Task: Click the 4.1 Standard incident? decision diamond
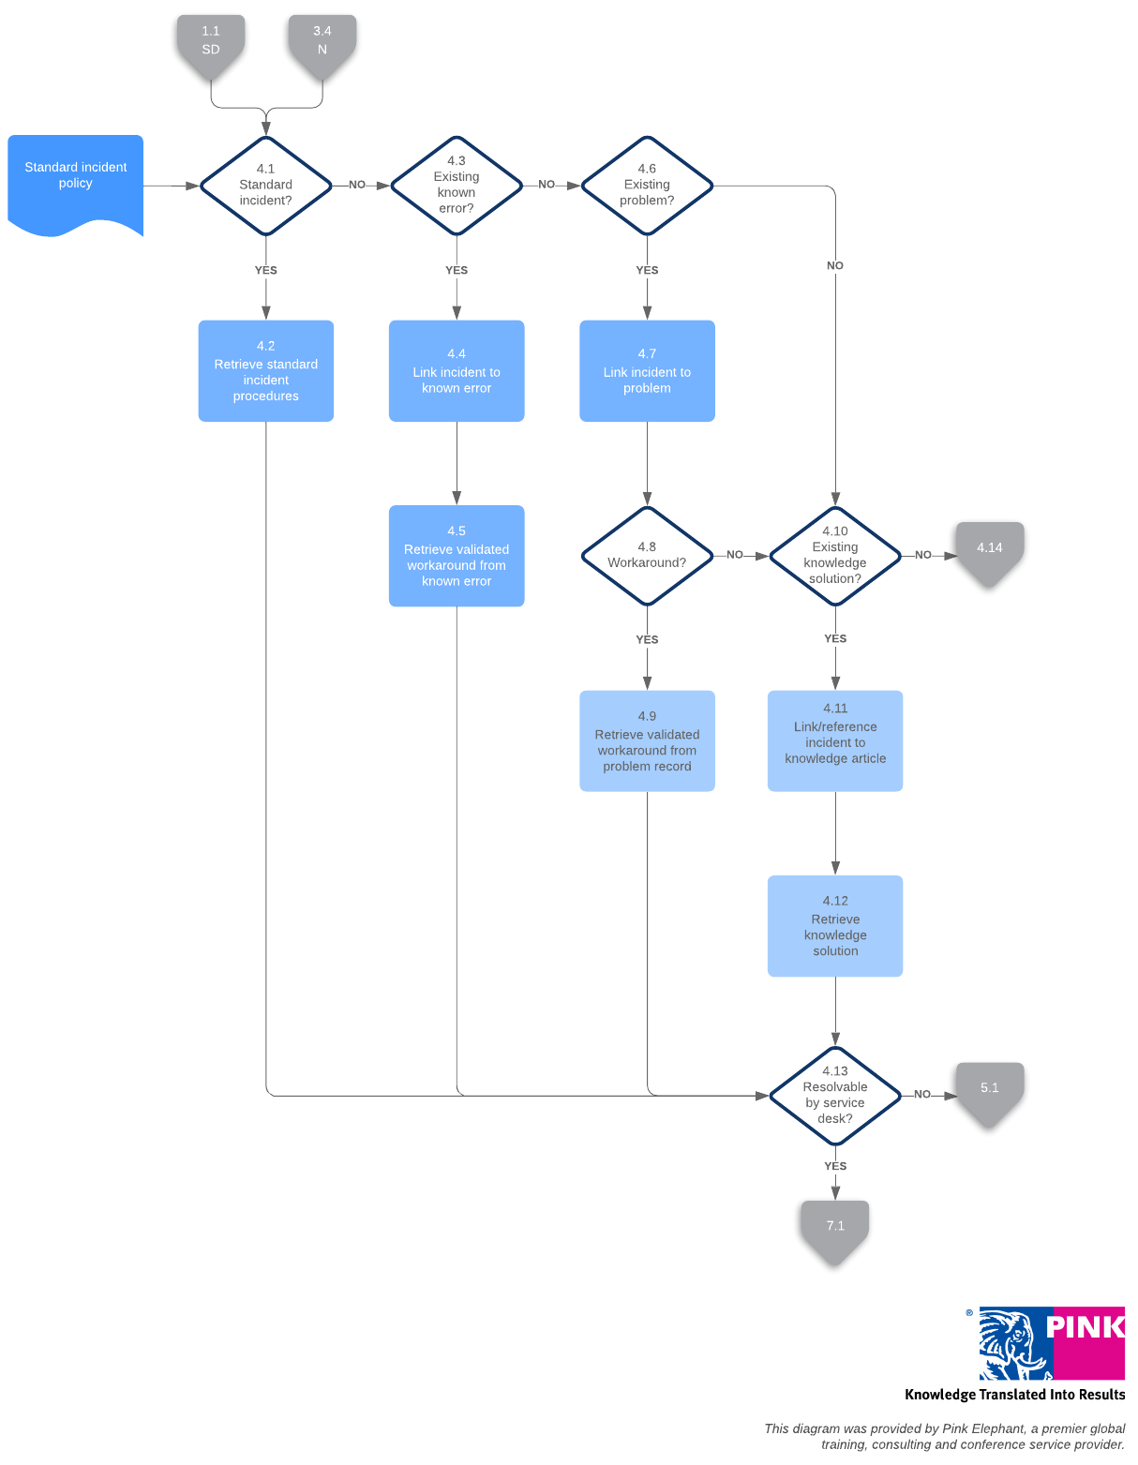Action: coord(265,186)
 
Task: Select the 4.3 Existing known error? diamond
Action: coord(457,186)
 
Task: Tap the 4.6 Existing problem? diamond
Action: coord(647,186)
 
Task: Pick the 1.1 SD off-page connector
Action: coord(211,43)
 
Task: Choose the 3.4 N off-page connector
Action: coord(322,43)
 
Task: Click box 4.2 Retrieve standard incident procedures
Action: coord(265,371)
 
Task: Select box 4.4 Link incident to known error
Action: coord(457,371)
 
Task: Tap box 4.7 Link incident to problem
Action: coord(647,371)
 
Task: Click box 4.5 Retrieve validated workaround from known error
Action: coord(457,556)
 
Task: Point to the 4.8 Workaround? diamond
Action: coord(647,556)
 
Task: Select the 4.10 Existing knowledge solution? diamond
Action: coord(835,556)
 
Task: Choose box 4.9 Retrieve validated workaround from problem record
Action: coord(647,741)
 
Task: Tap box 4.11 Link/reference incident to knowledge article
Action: coord(835,741)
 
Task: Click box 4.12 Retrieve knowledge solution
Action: coord(835,926)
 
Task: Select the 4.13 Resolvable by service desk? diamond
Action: coord(835,1096)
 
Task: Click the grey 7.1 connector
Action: coord(835,1228)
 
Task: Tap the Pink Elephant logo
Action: coord(1051,1344)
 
